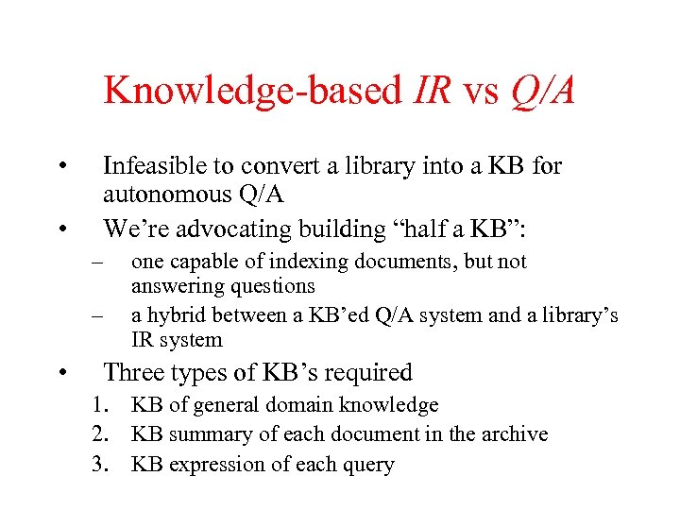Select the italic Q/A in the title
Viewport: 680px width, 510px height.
pyautogui.click(x=541, y=91)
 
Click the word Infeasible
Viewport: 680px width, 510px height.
pyautogui.click(x=156, y=166)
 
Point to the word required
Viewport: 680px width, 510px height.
pyautogui.click(x=369, y=373)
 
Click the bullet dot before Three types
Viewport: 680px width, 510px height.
pyautogui.click(x=60, y=373)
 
